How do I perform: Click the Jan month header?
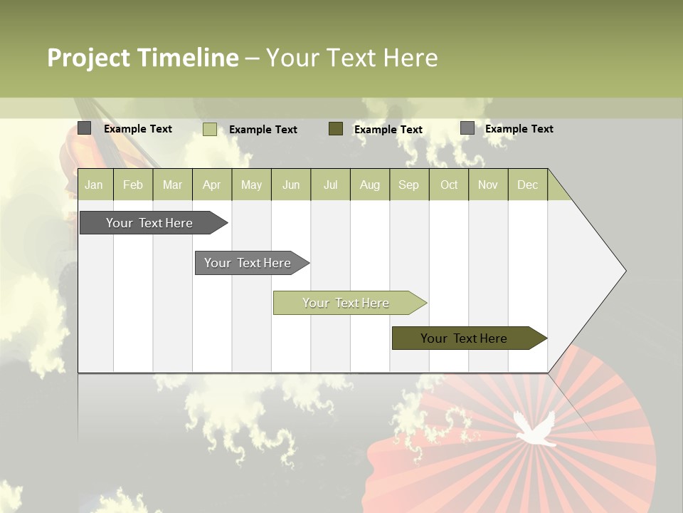95,185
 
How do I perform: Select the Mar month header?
172,185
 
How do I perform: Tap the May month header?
251,185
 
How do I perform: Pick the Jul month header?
330,185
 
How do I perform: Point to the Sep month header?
408,185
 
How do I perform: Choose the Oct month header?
449,185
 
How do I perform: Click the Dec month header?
527,185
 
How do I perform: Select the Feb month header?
133,185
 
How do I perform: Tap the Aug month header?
369,185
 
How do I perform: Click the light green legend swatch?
210,129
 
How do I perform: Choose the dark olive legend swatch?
336,128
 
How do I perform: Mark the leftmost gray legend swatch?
85,128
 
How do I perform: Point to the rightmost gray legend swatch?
467,128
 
